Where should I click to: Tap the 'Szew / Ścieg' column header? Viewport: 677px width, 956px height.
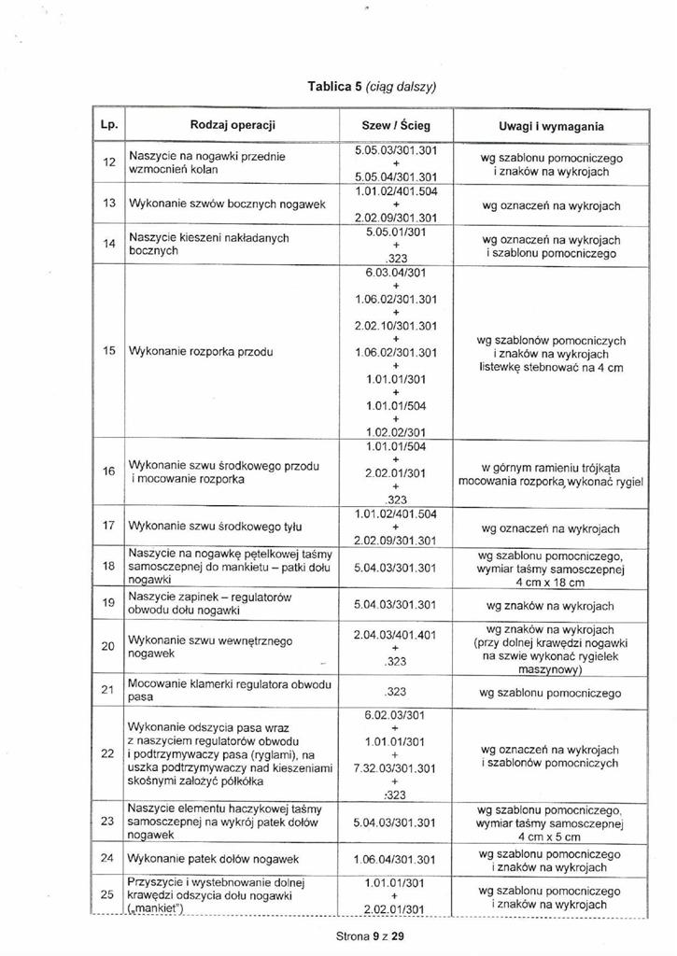[396, 125]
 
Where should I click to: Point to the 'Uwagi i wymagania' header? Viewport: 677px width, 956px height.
[551, 125]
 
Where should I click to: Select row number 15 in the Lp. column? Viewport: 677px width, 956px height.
[107, 351]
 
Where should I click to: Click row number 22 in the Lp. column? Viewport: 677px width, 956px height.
[107, 754]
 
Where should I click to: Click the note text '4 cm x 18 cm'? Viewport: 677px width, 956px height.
[551, 583]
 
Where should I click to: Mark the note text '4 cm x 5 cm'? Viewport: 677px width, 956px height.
[551, 837]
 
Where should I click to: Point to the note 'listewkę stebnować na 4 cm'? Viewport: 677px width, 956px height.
[551, 368]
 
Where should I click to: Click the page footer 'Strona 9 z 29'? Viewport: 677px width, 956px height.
[369, 935]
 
